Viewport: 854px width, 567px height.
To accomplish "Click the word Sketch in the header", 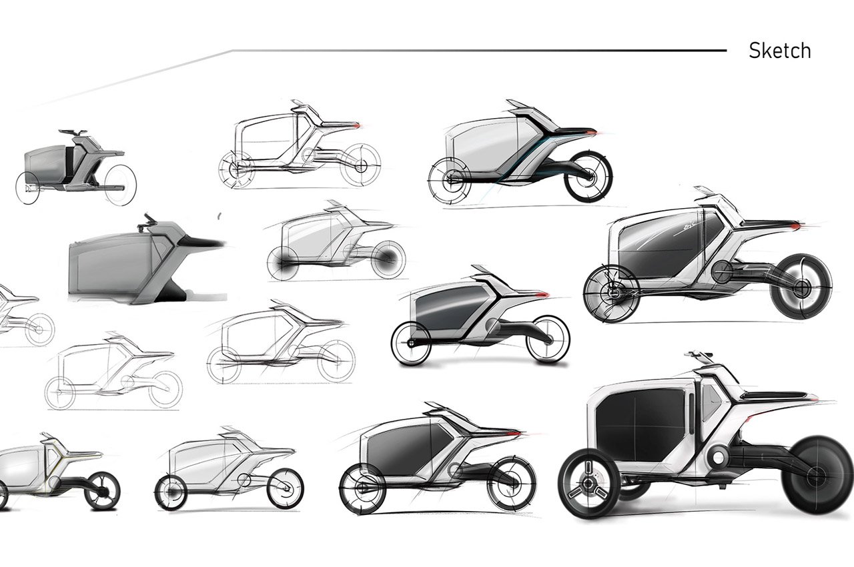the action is pos(779,51).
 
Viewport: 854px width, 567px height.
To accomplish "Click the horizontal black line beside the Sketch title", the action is pos(480,50).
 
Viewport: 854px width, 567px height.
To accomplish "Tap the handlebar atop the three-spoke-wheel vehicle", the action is pos(699,354).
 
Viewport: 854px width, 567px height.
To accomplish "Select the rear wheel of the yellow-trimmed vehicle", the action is pos(102,491).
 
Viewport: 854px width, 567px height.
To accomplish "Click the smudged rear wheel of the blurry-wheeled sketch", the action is pos(387,259).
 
